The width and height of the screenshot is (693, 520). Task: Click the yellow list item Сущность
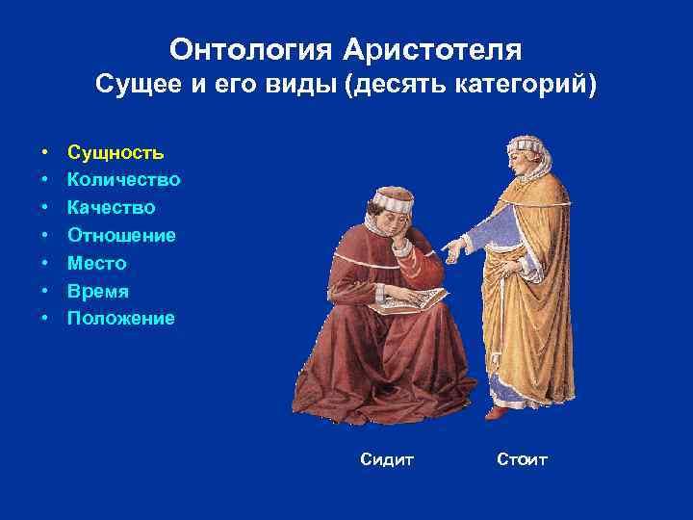(x=115, y=152)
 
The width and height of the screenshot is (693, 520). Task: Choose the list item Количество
(x=123, y=180)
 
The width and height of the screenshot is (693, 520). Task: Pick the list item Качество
(x=111, y=208)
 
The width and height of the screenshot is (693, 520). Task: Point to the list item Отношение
(x=120, y=235)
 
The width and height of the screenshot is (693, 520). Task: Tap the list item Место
(x=96, y=263)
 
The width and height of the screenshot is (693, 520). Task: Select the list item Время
(x=97, y=291)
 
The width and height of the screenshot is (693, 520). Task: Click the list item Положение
(x=120, y=318)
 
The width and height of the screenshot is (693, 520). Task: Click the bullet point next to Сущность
(x=45, y=153)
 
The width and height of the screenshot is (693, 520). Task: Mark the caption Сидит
(x=387, y=460)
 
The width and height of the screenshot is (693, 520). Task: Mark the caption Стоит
(x=522, y=460)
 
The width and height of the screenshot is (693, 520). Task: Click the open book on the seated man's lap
(x=408, y=299)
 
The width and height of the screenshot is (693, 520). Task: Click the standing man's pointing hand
(x=450, y=252)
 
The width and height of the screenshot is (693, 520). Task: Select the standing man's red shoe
(x=496, y=412)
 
